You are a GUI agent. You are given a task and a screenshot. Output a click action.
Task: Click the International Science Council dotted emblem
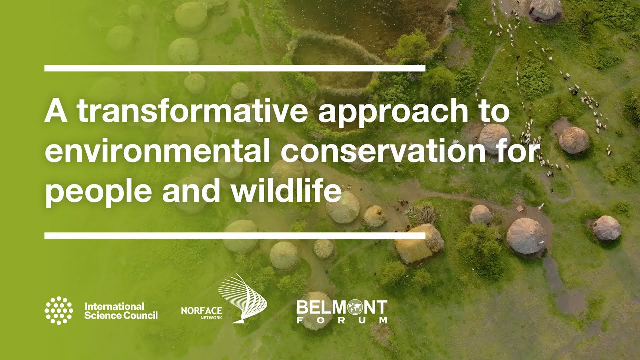pos(59,310)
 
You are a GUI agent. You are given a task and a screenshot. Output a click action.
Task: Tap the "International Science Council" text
pos(121,311)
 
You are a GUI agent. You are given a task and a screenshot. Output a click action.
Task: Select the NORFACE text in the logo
pos(201,310)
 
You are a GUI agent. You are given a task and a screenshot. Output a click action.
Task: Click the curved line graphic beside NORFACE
pos(245,299)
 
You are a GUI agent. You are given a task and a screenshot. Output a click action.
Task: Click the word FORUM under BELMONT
pos(342,320)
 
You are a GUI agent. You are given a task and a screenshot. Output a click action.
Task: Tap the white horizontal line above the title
pos(235,68)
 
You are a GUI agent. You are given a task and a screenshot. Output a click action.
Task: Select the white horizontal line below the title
pos(235,235)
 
